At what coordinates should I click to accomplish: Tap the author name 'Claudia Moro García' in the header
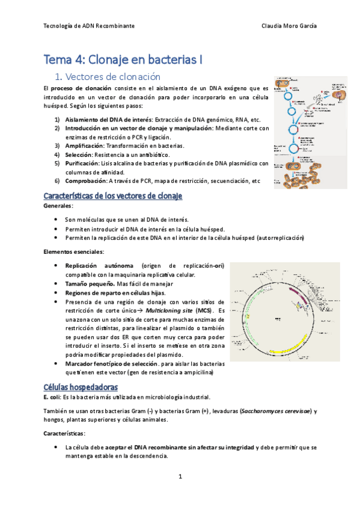pos(290,26)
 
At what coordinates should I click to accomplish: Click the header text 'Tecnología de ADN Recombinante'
pos(90,26)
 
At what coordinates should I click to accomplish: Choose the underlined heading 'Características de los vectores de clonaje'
pos(113,197)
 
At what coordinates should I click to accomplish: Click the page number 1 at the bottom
pos(180,477)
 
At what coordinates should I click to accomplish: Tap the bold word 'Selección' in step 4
pos(79,155)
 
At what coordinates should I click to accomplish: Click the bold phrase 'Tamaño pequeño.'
pos(90,283)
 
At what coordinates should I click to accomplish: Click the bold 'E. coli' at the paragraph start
pos(55,396)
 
